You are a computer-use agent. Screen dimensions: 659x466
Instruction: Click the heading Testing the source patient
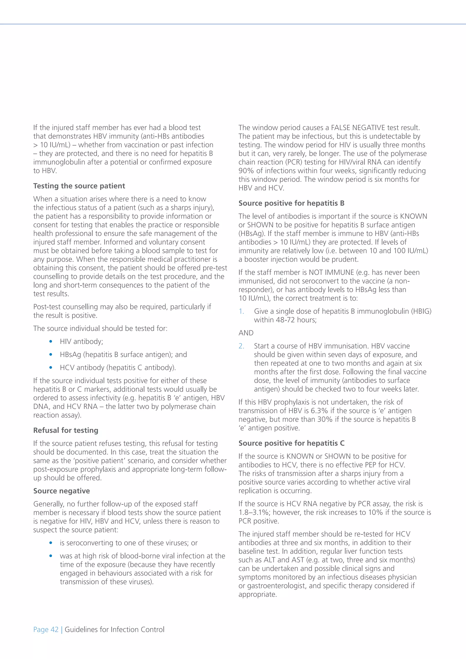click(x=79, y=186)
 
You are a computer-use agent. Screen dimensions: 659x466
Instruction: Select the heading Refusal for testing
click(x=66, y=430)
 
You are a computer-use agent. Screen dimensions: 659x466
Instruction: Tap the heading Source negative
click(x=61, y=491)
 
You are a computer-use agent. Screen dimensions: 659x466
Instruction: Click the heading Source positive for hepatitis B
click(x=291, y=203)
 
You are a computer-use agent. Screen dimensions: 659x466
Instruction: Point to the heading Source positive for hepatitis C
click(x=291, y=443)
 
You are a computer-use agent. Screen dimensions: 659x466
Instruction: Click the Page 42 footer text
click(x=46, y=629)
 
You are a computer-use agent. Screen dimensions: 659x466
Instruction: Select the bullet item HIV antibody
click(x=81, y=341)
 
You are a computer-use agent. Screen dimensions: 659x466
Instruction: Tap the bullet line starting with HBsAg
click(x=123, y=355)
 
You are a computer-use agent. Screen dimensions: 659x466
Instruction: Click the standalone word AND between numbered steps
click(x=246, y=333)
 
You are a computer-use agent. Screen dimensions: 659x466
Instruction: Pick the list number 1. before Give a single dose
click(x=241, y=312)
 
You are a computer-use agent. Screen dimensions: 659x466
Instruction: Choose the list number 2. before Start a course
click(x=241, y=346)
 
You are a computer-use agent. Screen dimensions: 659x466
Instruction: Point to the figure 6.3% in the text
click(x=319, y=411)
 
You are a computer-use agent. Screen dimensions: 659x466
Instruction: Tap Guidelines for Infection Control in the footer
click(x=114, y=629)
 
